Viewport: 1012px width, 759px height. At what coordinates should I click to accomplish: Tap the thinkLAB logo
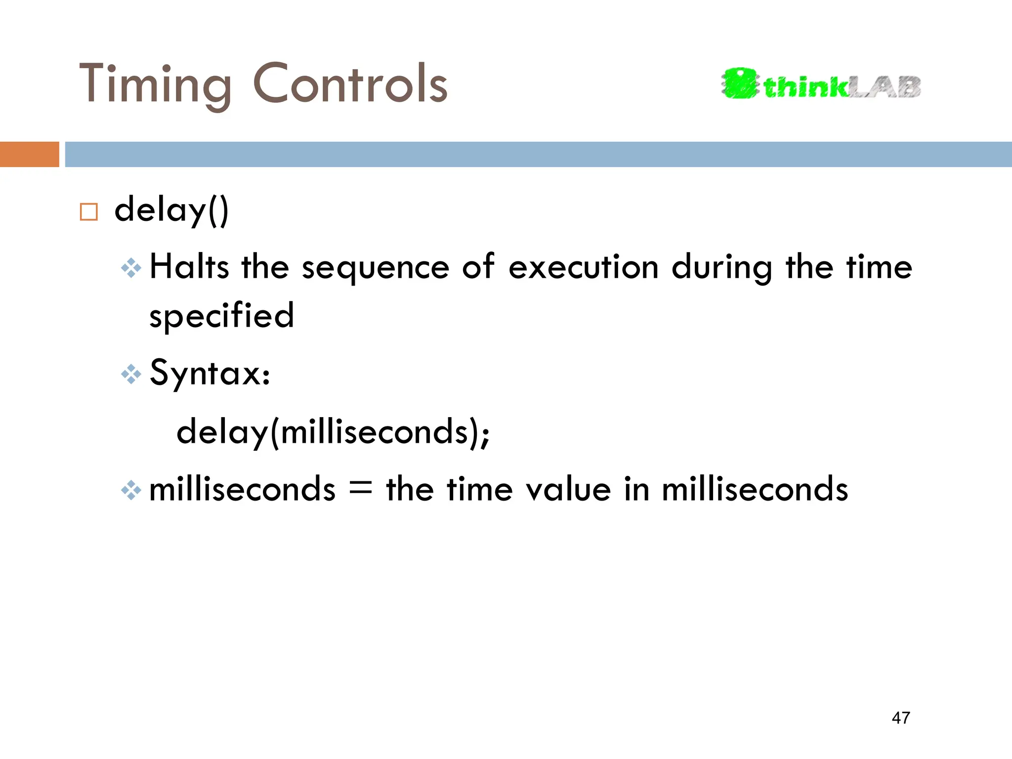(x=821, y=84)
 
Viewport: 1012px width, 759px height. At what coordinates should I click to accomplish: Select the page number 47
(x=901, y=718)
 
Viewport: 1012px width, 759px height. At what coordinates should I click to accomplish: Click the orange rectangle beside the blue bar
(x=29, y=154)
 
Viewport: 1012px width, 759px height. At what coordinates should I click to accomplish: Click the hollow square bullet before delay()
(x=89, y=212)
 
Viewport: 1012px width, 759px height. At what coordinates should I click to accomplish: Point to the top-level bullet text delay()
(x=171, y=210)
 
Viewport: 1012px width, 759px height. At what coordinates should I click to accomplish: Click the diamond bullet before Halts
(x=131, y=268)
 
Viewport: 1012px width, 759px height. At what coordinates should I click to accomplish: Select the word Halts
(x=189, y=267)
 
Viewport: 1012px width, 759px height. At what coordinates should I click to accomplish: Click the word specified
(x=221, y=316)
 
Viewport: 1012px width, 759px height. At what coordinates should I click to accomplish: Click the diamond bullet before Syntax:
(x=131, y=375)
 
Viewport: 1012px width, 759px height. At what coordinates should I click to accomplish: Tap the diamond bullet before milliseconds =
(x=131, y=490)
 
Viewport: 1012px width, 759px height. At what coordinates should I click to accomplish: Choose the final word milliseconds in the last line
(x=755, y=489)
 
